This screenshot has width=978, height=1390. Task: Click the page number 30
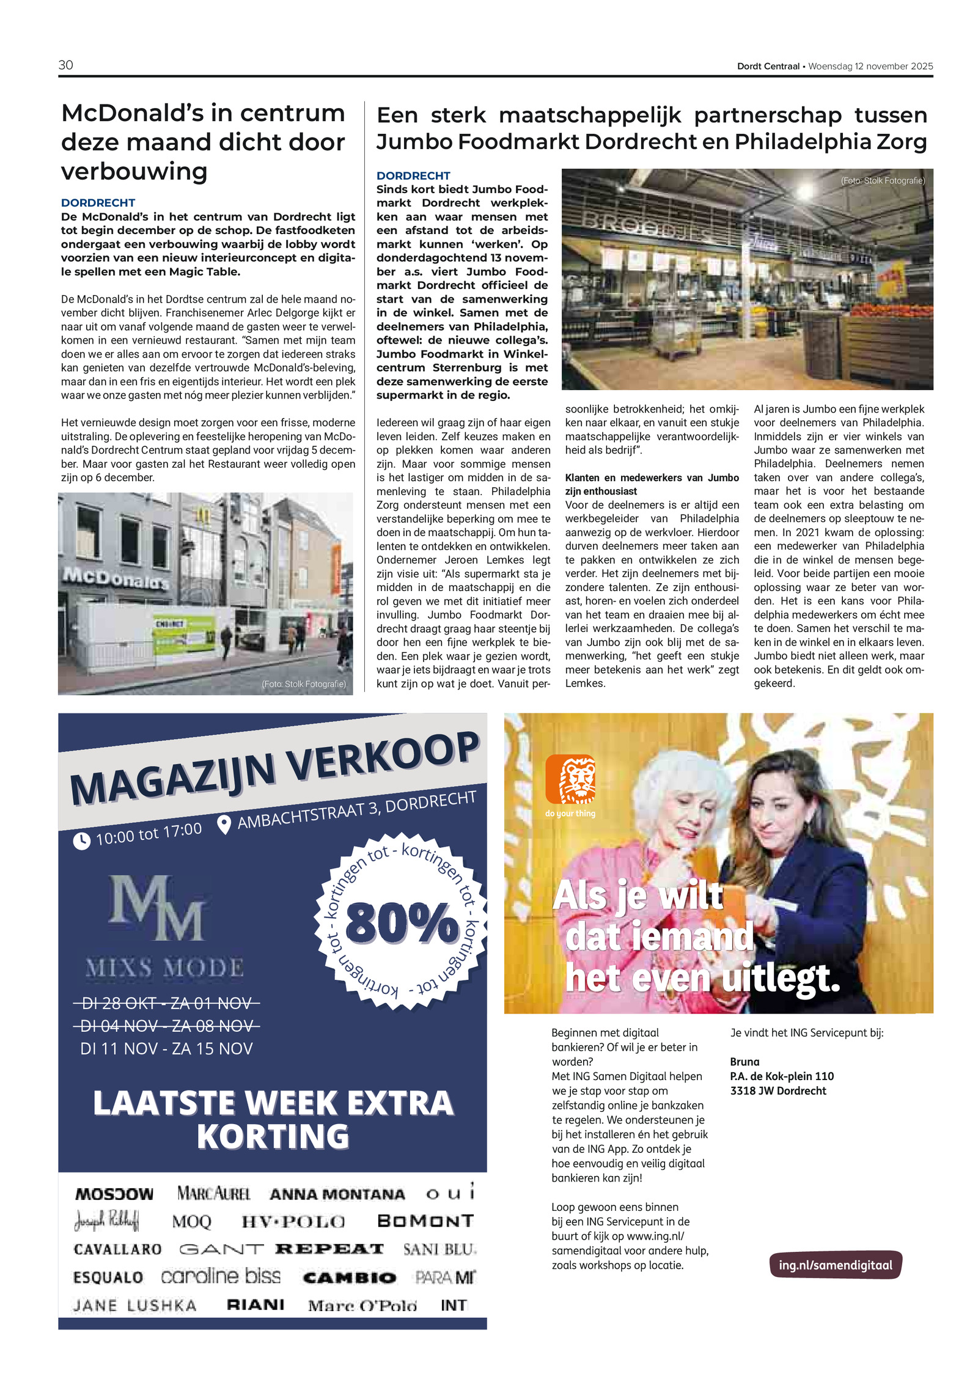click(x=65, y=65)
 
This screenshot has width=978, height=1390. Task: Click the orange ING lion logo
click(x=570, y=779)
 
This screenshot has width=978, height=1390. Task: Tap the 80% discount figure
click(x=402, y=922)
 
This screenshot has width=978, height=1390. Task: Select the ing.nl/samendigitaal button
click(x=835, y=1265)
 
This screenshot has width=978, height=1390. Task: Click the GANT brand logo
click(x=221, y=1249)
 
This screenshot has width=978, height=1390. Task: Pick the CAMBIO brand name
click(x=350, y=1278)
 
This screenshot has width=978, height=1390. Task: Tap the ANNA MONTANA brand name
click(x=337, y=1194)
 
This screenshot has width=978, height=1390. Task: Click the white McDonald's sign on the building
click(x=115, y=578)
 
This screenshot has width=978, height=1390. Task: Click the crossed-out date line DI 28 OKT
click(x=166, y=1003)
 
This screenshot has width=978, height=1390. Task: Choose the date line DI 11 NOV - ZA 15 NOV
click(x=166, y=1049)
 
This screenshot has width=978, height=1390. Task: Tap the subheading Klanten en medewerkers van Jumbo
click(x=652, y=477)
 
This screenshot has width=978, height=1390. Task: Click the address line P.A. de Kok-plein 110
click(x=782, y=1076)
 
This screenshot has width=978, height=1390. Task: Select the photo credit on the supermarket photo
click(x=882, y=180)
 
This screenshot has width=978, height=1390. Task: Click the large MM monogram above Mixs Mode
click(x=156, y=907)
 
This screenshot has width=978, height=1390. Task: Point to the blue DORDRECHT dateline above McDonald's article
click(x=98, y=202)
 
